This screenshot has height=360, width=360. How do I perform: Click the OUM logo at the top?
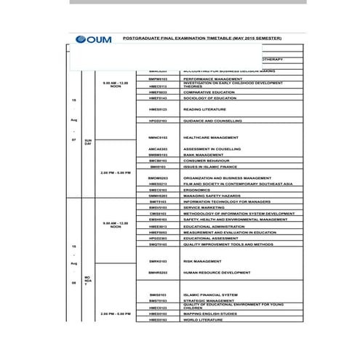point(92,39)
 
